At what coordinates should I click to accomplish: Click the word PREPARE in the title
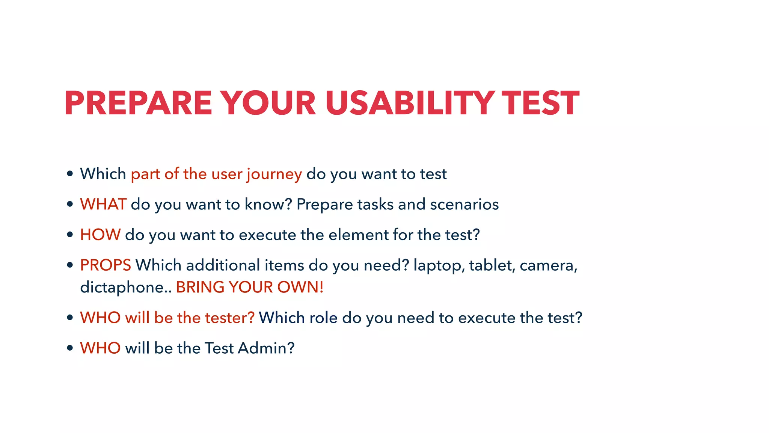(138, 103)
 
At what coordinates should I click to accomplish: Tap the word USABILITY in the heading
(409, 103)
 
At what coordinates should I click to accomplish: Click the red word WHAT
(103, 204)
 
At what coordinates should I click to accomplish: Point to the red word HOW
(100, 235)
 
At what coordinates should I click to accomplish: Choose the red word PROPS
(106, 265)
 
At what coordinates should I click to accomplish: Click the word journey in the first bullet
(274, 174)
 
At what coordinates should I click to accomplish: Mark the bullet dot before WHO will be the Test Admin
(70, 348)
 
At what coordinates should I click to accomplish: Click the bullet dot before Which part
(70, 174)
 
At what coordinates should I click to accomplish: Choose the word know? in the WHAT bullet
(268, 204)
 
